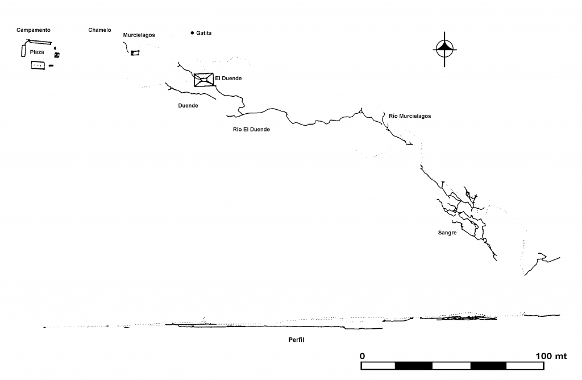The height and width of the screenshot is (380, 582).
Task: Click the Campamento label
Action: click(34, 30)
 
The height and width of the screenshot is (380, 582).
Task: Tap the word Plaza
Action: click(37, 52)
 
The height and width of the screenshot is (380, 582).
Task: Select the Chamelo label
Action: click(99, 30)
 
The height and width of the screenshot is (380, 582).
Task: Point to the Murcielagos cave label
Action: click(139, 35)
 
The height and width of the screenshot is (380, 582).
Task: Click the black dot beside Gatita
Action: click(192, 33)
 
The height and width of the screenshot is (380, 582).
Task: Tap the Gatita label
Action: click(204, 33)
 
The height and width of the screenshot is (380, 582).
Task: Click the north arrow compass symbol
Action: click(444, 49)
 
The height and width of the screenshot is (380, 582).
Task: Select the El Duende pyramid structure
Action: click(204, 80)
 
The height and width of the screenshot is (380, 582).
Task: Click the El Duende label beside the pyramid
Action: click(228, 79)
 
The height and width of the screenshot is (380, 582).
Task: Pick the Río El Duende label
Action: click(251, 129)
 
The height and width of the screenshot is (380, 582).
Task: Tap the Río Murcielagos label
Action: click(410, 116)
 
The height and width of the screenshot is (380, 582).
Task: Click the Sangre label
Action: click(447, 233)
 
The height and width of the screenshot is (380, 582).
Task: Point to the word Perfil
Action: click(296, 340)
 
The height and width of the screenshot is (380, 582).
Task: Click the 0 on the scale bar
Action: click(362, 356)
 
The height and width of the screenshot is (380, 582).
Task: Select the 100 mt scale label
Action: click(551, 356)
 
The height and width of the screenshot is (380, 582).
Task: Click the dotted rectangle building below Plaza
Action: click(38, 65)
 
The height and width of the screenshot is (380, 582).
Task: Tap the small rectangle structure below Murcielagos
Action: click(135, 53)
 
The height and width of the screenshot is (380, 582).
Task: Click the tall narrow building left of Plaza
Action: click(23, 50)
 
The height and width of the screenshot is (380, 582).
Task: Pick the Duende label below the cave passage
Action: click(188, 105)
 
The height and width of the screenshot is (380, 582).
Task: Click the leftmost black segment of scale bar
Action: click(414, 366)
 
